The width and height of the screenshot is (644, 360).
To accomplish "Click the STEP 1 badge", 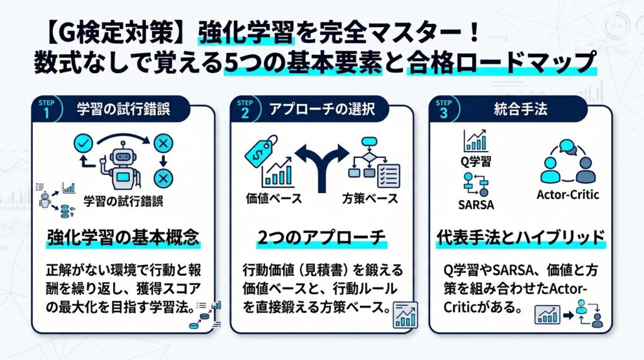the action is pyautogui.click(x=47, y=110).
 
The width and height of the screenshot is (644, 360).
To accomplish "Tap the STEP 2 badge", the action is pyautogui.click(x=245, y=110).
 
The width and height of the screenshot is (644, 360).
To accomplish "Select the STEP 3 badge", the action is pyautogui.click(x=443, y=110).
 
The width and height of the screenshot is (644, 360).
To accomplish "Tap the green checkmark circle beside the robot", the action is pyautogui.click(x=84, y=143).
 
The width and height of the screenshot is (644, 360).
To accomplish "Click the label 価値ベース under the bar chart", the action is pyautogui.click(x=274, y=199).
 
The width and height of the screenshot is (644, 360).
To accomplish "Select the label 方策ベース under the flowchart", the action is pyautogui.click(x=370, y=199).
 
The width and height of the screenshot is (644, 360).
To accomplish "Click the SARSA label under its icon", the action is pyautogui.click(x=476, y=205).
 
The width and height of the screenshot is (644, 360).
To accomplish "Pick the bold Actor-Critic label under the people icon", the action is pyautogui.click(x=568, y=194).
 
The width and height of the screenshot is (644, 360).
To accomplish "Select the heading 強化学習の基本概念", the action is pyautogui.click(x=123, y=238).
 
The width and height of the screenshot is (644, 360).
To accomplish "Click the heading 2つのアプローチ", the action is pyautogui.click(x=321, y=238).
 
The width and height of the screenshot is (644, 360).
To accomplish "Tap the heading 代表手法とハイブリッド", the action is pyautogui.click(x=520, y=238).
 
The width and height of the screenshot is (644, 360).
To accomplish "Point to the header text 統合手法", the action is pyautogui.click(x=520, y=110).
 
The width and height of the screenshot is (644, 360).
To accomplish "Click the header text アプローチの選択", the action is pyautogui.click(x=322, y=110).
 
